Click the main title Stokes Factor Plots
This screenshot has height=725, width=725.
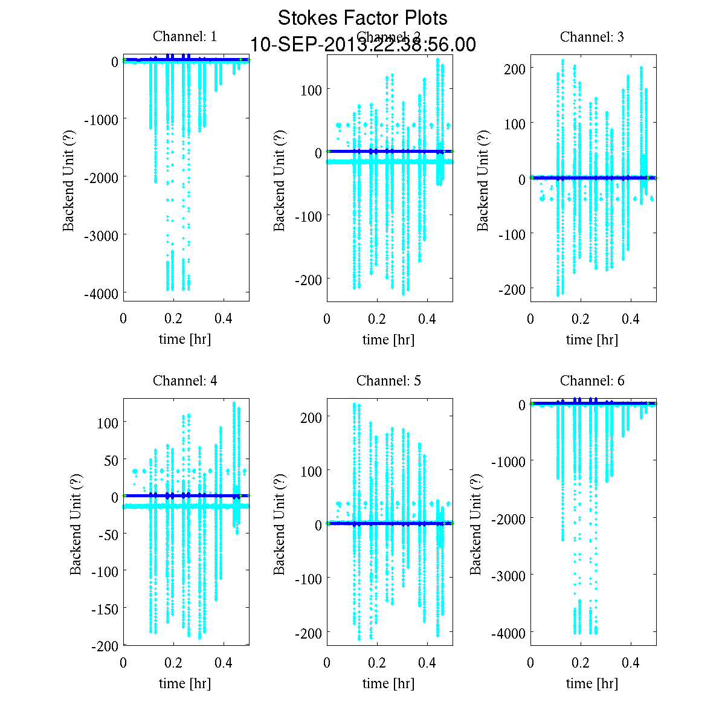click(362, 18)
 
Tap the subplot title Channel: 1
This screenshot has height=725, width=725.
click(185, 36)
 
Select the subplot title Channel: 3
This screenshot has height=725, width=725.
click(592, 37)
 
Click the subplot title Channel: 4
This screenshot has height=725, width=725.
click(185, 381)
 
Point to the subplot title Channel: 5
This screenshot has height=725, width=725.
click(388, 381)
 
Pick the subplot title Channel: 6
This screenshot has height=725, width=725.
click(592, 381)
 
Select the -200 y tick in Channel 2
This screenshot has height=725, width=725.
click(308, 279)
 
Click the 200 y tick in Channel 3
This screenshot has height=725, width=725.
click(515, 68)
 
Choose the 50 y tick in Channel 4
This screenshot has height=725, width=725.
click(109, 460)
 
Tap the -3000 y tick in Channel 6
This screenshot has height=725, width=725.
click(508, 575)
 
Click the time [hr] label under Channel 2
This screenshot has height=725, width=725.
click(388, 340)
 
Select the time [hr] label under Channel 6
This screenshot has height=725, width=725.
click(592, 683)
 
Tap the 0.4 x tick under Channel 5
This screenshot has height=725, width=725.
click(427, 663)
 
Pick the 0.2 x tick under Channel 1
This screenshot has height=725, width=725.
click(173, 318)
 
